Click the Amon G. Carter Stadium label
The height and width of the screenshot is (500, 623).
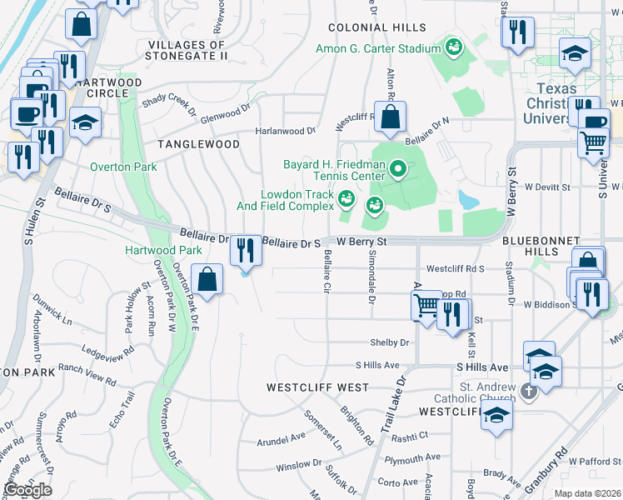[x=379, y=47]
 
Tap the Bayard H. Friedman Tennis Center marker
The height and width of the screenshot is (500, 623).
[x=398, y=172]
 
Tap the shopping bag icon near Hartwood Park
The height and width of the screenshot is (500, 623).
[x=207, y=279]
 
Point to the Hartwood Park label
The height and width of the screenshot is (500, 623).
[x=164, y=250]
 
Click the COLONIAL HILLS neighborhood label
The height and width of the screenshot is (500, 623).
[x=377, y=27]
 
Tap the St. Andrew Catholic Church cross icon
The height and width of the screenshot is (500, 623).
[x=526, y=390]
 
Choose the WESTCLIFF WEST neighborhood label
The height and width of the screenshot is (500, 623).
[x=317, y=387]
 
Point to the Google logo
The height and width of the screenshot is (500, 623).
[x=28, y=489]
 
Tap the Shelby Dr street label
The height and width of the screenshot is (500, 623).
[x=391, y=342]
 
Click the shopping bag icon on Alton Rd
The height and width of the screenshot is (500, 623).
[x=390, y=118]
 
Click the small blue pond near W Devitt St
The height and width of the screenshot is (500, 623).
[x=468, y=199]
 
